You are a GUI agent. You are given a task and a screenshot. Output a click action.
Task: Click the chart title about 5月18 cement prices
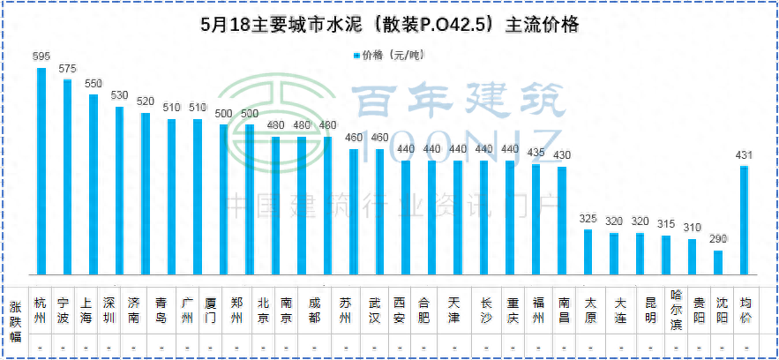(x=389, y=25)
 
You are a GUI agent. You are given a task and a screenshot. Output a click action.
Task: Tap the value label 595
(x=41, y=56)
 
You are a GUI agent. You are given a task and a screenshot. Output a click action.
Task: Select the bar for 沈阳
(x=718, y=262)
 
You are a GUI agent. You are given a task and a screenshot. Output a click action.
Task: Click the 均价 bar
(x=744, y=220)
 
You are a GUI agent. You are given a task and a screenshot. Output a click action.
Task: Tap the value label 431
(x=744, y=156)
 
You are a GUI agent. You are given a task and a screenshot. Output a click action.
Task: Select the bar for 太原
(x=588, y=251)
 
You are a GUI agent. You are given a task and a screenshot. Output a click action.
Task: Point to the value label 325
(x=588, y=219)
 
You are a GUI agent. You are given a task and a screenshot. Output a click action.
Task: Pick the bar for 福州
(x=536, y=219)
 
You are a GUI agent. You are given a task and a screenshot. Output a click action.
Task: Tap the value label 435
(x=536, y=153)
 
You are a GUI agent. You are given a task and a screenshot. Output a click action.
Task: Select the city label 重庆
(x=511, y=310)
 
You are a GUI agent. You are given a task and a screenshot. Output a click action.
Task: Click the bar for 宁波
(x=67, y=176)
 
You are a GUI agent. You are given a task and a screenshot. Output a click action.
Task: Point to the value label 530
(x=119, y=95)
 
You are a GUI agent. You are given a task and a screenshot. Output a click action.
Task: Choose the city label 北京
(x=262, y=310)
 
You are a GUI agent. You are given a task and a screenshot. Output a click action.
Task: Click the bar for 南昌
(x=562, y=220)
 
